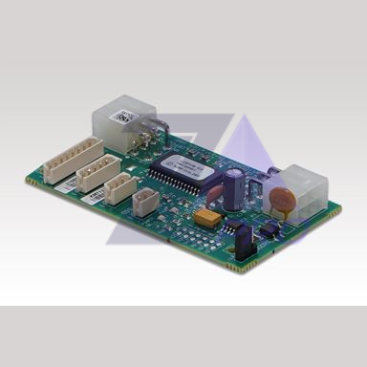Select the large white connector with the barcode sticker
click(116, 125)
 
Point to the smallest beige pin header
click(144, 200)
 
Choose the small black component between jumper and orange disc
click(270, 227)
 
